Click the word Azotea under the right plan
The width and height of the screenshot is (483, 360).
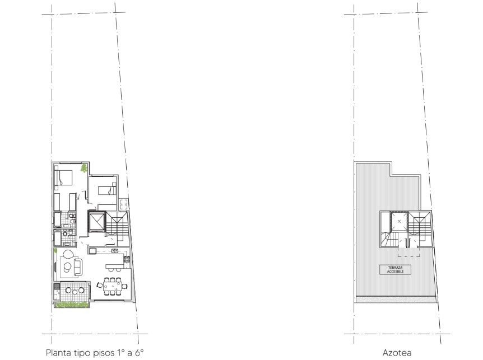(x=397, y=353)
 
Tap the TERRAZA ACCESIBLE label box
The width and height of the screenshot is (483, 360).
(x=395, y=269)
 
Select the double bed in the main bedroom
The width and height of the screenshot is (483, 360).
(x=63, y=178)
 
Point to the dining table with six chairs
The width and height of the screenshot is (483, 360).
(x=112, y=286)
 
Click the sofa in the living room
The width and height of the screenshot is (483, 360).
(x=78, y=267)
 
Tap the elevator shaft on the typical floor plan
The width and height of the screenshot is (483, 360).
(x=96, y=221)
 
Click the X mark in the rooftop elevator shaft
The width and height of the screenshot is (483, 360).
(x=399, y=221)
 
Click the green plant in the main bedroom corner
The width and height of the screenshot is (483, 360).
(x=84, y=169)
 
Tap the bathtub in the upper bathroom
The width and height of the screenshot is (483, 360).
(x=58, y=219)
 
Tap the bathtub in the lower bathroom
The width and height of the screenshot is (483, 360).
(x=58, y=238)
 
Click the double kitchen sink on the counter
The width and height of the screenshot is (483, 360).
(x=115, y=251)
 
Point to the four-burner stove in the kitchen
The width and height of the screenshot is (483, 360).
(x=126, y=259)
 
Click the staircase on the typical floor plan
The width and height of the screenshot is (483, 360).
(x=117, y=224)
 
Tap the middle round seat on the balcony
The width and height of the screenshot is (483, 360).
(x=75, y=290)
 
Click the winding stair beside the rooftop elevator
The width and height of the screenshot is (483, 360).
(x=389, y=240)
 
